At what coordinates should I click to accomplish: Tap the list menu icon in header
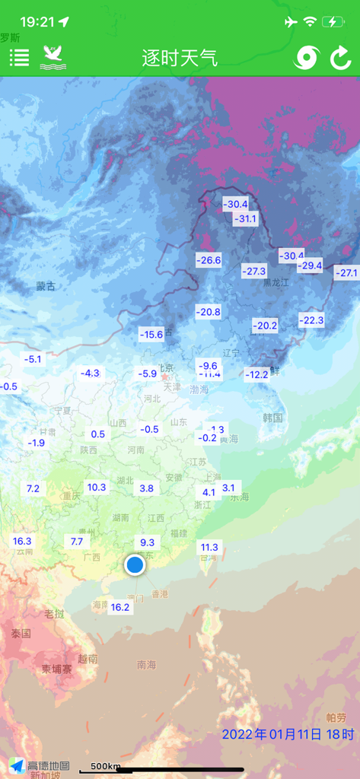click(x=19, y=57)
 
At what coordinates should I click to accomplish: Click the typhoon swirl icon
click(x=307, y=58)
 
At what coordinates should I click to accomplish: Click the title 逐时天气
click(x=180, y=58)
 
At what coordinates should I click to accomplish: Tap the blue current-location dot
click(x=135, y=564)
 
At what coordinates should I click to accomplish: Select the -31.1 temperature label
click(x=245, y=219)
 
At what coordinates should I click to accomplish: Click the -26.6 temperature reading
click(x=208, y=260)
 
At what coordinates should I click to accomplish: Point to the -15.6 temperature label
click(x=151, y=334)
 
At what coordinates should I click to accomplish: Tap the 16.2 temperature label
click(x=120, y=607)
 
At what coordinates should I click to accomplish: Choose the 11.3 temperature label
click(x=209, y=547)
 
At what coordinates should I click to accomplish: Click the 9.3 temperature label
click(x=147, y=542)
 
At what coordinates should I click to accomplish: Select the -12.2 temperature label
click(x=256, y=374)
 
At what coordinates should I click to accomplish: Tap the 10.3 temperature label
click(x=97, y=487)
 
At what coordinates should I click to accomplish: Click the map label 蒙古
click(x=46, y=287)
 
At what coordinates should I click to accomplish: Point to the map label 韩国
click(x=272, y=418)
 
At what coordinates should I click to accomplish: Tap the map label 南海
click(x=146, y=665)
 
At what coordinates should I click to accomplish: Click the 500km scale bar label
click(x=105, y=765)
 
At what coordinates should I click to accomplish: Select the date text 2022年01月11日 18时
click(x=288, y=735)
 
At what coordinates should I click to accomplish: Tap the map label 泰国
click(x=21, y=633)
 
